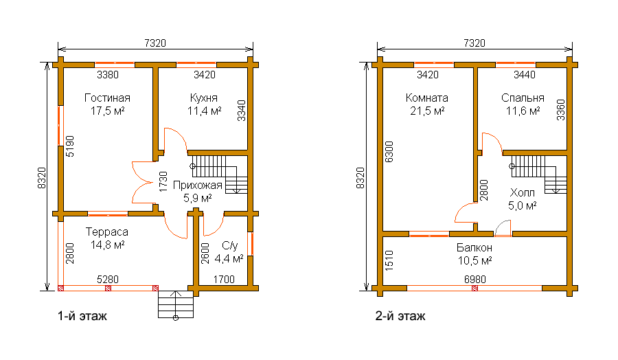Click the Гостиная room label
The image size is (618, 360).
107,98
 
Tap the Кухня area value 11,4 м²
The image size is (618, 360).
204,111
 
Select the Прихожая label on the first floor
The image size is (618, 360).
198,185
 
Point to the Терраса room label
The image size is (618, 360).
107,232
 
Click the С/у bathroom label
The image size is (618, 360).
230,246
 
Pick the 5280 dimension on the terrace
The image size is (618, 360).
108,280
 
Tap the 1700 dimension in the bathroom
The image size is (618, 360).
224,280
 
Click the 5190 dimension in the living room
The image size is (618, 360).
70,146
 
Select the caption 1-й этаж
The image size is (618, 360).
82,316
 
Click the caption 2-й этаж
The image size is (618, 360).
400,316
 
